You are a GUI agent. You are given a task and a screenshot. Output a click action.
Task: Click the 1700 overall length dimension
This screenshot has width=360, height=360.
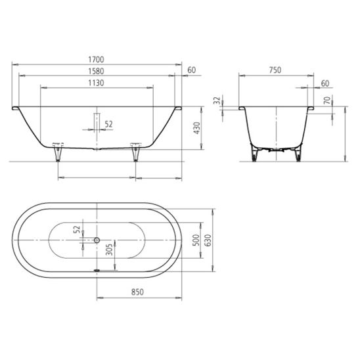[96, 60]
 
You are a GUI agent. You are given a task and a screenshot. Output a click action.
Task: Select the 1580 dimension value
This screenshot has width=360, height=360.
[96, 71]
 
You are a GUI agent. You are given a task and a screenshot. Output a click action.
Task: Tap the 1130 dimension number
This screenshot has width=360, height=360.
[96, 83]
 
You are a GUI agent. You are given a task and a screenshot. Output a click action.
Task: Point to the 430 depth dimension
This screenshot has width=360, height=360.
[197, 128]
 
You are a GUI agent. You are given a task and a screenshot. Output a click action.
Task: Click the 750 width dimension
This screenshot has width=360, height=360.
[275, 70]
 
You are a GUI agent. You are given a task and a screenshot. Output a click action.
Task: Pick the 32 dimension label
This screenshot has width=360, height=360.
[217, 101]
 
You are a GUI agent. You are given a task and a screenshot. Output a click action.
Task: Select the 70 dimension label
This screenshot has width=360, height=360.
[327, 101]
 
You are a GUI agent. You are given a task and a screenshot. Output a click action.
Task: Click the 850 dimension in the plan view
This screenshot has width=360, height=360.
[137, 292]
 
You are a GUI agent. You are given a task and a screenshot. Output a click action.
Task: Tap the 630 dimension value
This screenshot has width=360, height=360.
[208, 240]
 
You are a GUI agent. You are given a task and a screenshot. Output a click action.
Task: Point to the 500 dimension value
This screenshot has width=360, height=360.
[196, 240]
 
